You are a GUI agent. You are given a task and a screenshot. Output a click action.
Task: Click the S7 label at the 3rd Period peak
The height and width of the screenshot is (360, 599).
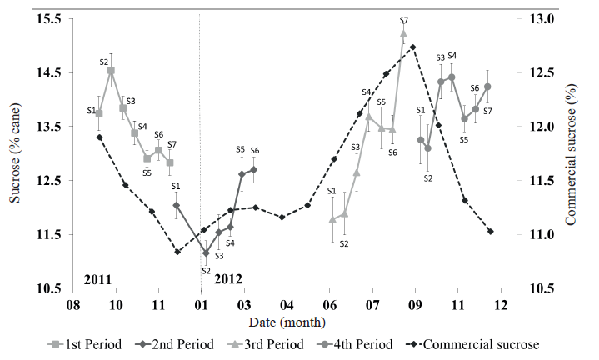tap(404, 20)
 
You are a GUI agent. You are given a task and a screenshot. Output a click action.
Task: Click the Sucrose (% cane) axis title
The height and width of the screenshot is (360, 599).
tap(14, 154)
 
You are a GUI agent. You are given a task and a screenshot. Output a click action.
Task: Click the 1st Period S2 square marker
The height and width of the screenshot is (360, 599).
tap(111, 71)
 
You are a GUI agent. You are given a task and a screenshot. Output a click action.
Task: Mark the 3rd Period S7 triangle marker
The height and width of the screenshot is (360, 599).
tap(403, 34)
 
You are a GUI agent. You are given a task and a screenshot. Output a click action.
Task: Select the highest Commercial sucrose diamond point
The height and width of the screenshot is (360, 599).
tap(413, 47)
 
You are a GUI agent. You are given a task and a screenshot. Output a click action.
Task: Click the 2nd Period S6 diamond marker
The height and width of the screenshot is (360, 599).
tap(254, 169)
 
